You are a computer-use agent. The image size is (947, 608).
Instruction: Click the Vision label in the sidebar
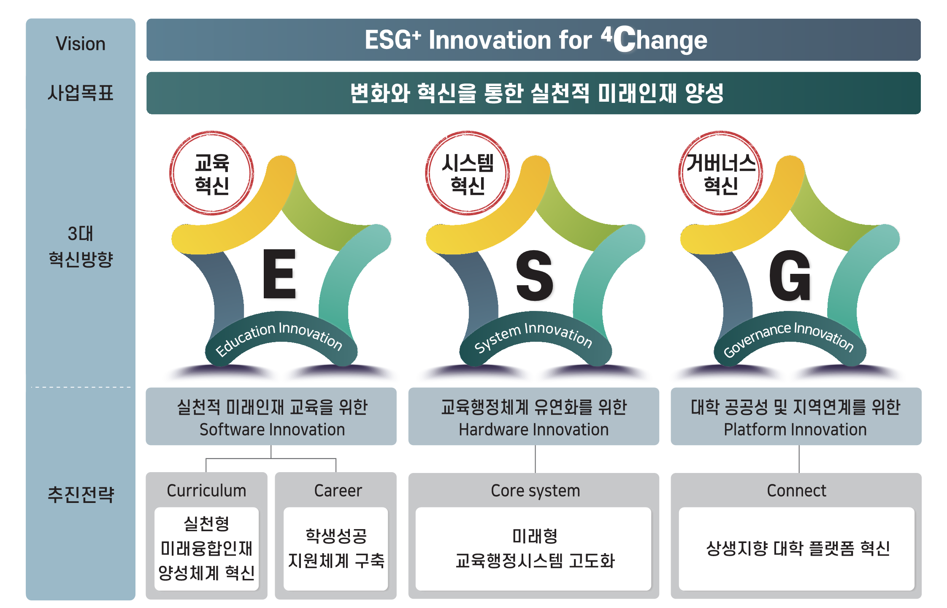click(x=81, y=44)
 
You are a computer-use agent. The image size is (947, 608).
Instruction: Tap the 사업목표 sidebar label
click(x=81, y=93)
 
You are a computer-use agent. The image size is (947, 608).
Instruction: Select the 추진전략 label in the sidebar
click(x=81, y=495)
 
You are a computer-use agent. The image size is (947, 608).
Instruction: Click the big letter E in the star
click(x=279, y=273)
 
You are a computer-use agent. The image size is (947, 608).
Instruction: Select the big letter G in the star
click(x=790, y=276)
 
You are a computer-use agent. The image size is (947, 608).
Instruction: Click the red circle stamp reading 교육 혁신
click(x=212, y=173)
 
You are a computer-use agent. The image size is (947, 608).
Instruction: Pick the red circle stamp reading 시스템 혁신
click(x=468, y=173)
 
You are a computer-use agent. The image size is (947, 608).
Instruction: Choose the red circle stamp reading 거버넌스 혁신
click(x=721, y=173)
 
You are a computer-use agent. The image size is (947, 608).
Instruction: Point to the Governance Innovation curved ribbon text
click(x=788, y=338)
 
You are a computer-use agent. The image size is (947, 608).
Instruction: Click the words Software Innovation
click(x=272, y=430)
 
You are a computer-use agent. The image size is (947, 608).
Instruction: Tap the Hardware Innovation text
click(x=534, y=430)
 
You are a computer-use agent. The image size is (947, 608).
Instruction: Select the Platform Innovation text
click(x=795, y=430)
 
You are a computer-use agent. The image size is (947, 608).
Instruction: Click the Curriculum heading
click(x=206, y=491)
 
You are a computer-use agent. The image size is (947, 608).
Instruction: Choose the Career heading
click(x=338, y=491)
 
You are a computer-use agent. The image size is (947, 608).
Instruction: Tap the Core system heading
click(x=536, y=491)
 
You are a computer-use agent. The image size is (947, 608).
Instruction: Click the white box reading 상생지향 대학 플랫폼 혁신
click(x=797, y=549)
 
